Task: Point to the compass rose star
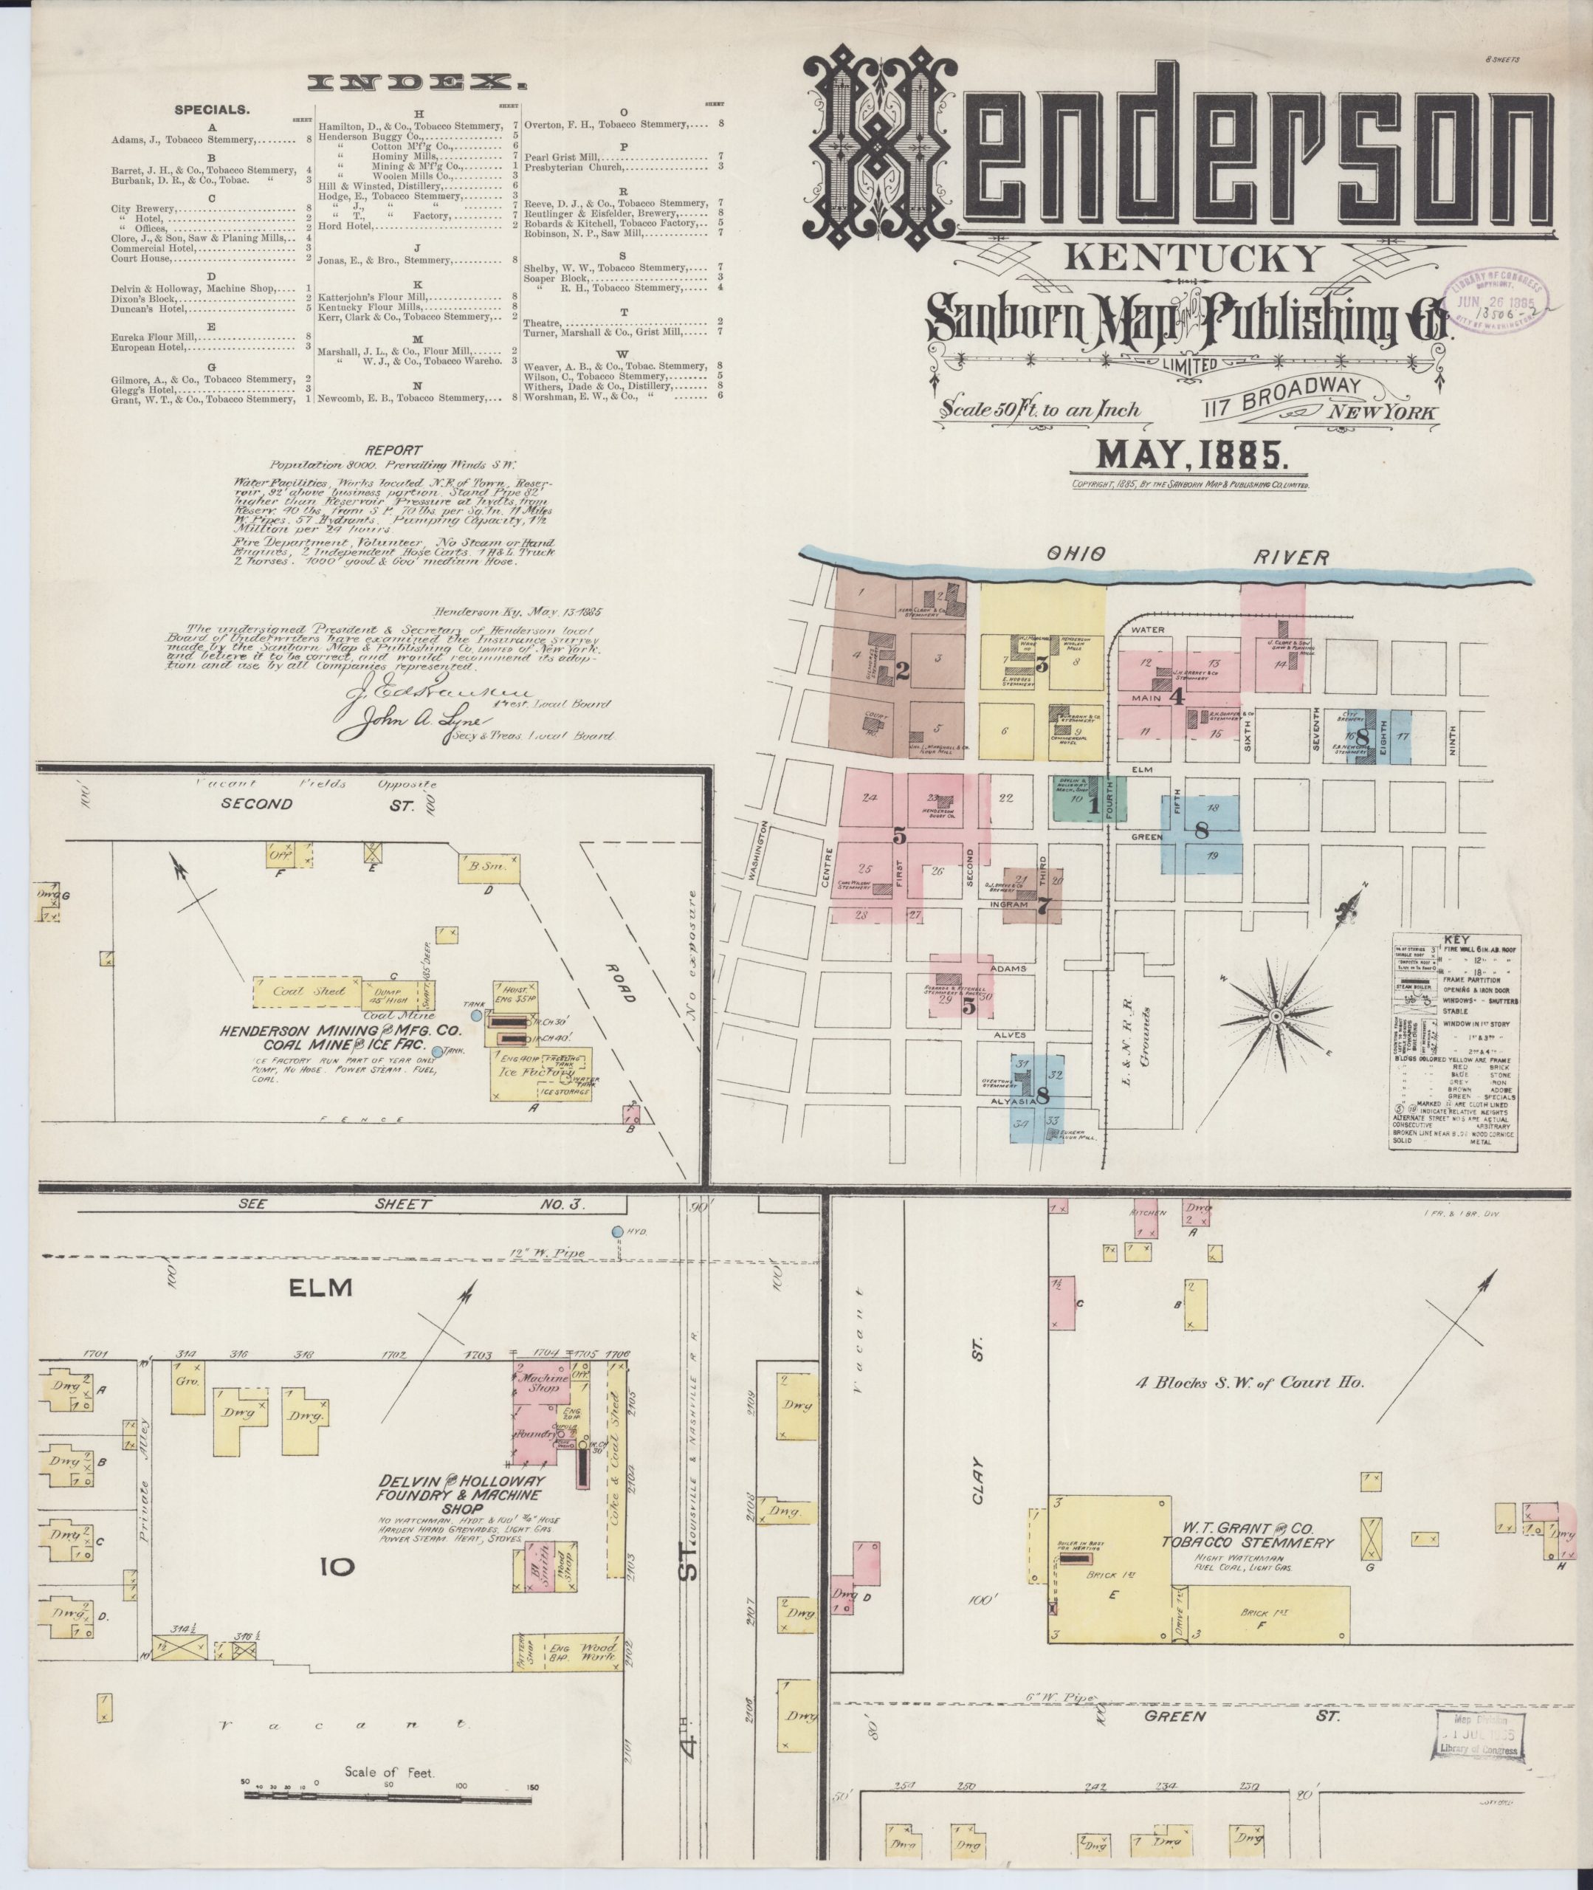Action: click(1276, 1017)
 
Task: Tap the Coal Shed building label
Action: click(298, 991)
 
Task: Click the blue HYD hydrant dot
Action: click(617, 1231)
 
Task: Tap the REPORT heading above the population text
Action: click(393, 449)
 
